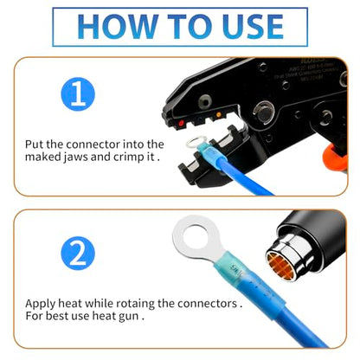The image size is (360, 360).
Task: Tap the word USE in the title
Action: tap(247, 27)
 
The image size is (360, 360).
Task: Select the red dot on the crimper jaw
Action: tap(182, 125)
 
